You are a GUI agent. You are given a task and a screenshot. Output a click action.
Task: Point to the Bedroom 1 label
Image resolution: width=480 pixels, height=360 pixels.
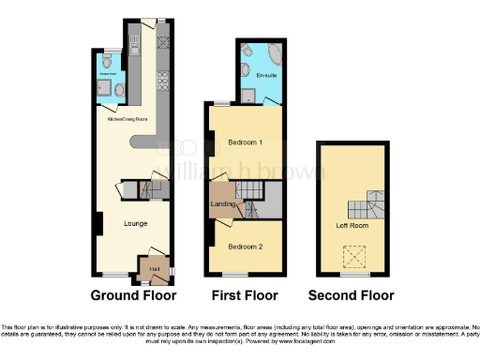[x=245, y=142]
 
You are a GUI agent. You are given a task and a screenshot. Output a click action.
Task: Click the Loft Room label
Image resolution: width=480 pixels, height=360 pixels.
[x=350, y=226]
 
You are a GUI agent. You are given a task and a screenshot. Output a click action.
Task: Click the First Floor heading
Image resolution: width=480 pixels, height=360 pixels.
[x=244, y=294]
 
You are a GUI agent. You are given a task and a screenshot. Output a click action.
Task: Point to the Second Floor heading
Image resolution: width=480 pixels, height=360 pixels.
[x=352, y=294]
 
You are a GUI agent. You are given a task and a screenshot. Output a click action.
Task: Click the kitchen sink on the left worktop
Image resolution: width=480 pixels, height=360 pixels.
[x=133, y=41]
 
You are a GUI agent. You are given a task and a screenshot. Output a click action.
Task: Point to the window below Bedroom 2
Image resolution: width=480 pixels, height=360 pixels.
[x=234, y=273]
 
